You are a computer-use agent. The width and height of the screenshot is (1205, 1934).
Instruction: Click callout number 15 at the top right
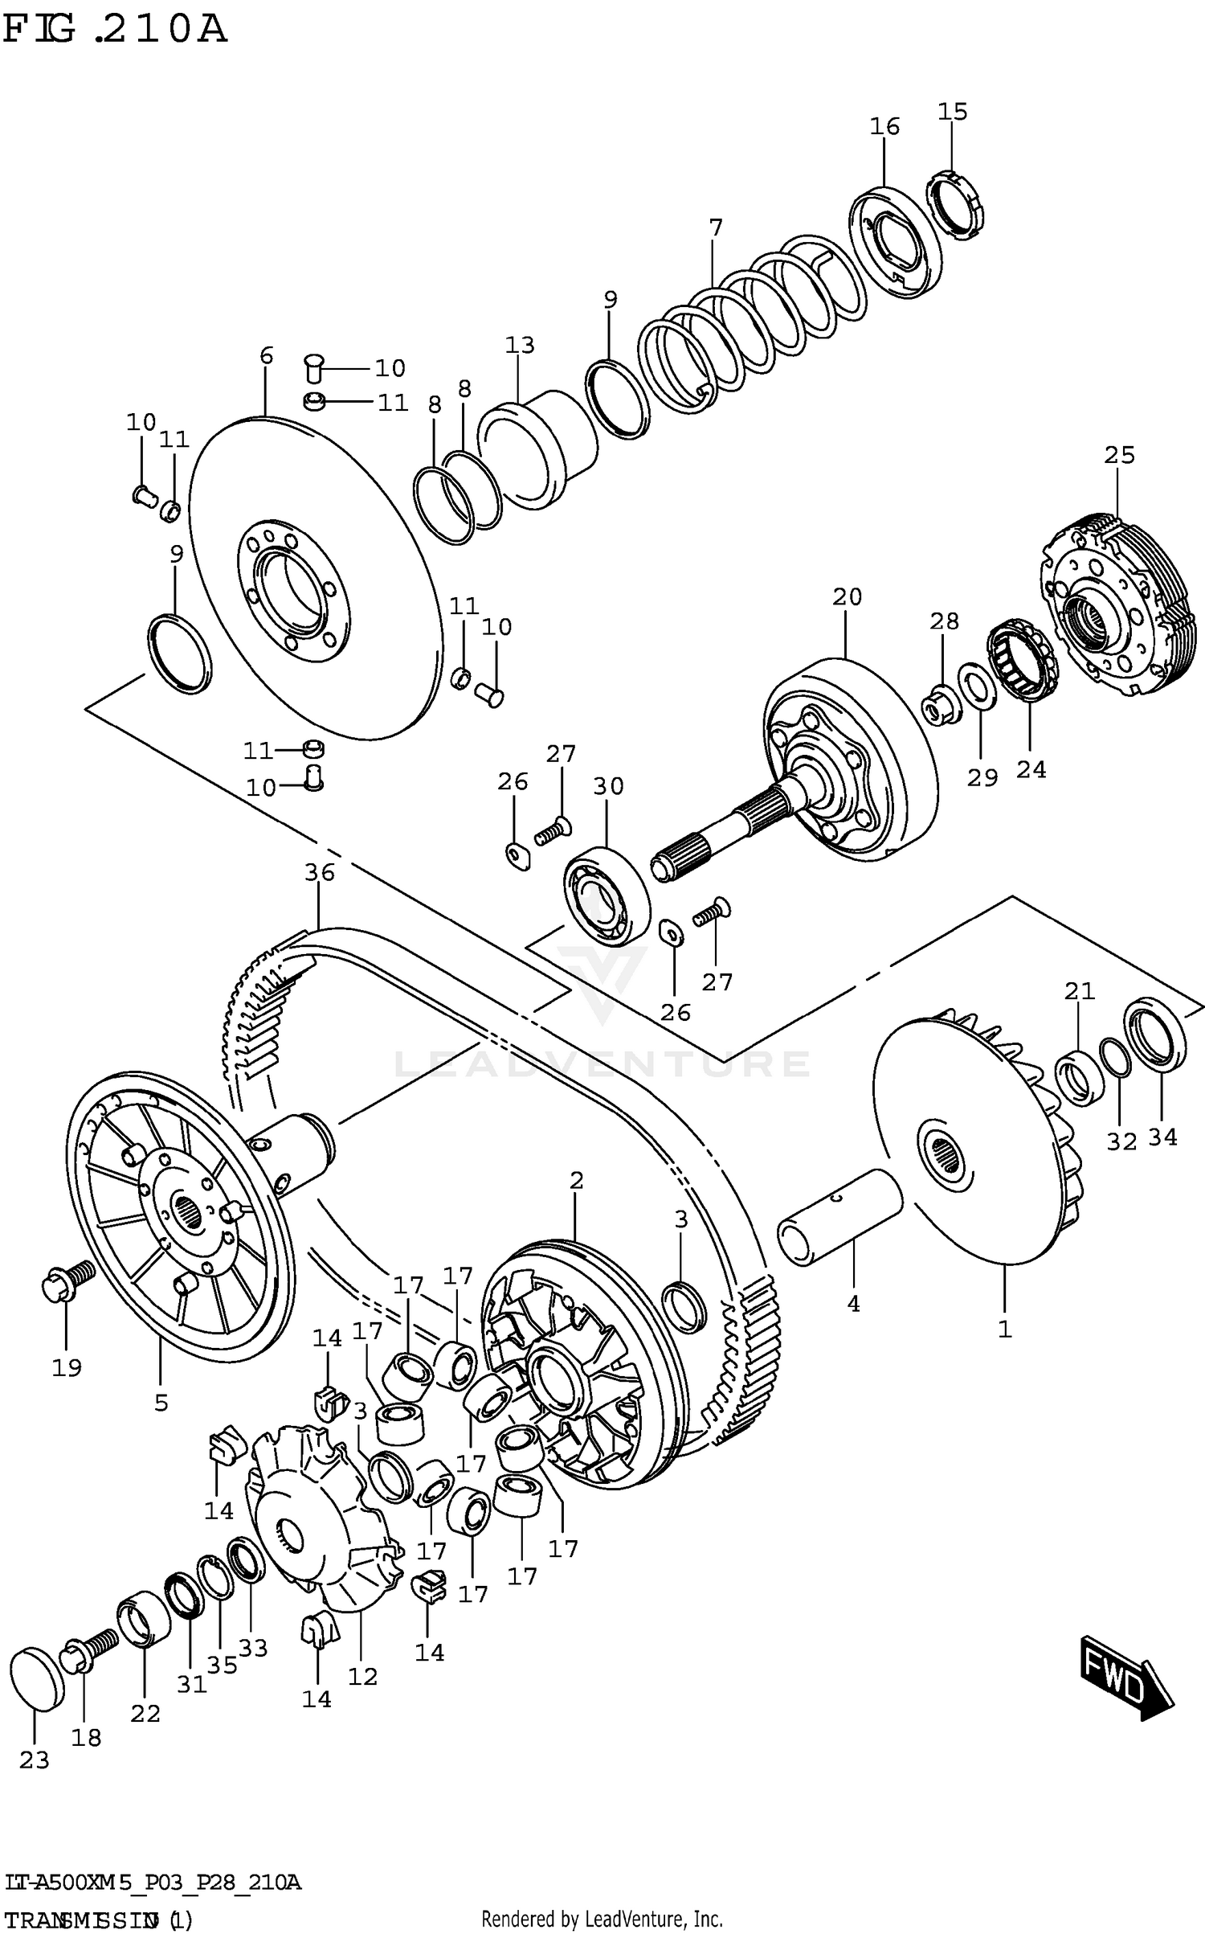coord(953,112)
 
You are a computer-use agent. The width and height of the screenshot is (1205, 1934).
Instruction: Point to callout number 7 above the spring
coord(715,227)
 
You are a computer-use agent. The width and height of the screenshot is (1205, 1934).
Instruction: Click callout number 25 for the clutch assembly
coord(1119,455)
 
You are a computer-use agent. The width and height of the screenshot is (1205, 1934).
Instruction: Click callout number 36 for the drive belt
coord(319,872)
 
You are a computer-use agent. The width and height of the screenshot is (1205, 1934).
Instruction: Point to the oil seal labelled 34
coord(1154,1035)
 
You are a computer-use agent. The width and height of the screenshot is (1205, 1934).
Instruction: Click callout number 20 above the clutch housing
coord(847,596)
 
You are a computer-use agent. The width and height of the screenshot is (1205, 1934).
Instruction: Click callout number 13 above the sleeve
coord(520,345)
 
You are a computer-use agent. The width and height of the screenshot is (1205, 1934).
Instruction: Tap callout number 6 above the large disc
coord(267,355)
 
